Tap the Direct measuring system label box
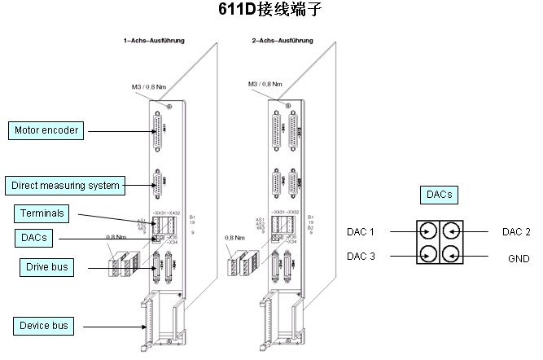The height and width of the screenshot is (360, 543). click(65, 185)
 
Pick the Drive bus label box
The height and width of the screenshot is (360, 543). click(45, 266)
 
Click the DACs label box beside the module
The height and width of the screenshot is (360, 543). click(33, 238)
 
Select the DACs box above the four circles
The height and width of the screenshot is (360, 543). click(438, 195)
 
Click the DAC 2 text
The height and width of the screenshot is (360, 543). click(516, 231)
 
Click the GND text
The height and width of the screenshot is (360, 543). click(519, 258)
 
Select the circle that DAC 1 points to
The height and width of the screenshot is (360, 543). click(427, 231)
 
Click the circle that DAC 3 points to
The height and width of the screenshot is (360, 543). click(427, 255)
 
